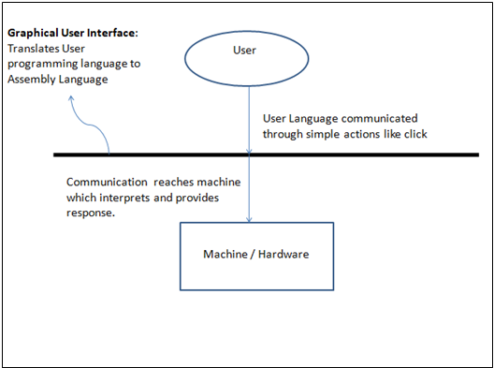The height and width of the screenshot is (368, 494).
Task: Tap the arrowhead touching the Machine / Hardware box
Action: (248, 220)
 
